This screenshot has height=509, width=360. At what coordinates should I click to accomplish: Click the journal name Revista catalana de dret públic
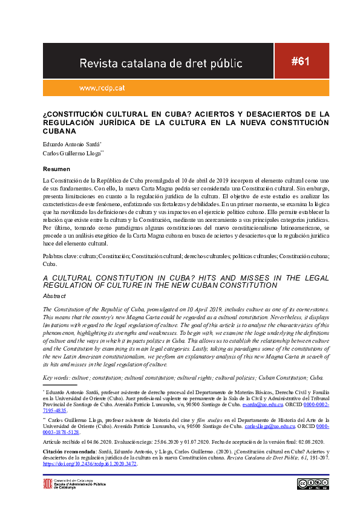tap(161, 63)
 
